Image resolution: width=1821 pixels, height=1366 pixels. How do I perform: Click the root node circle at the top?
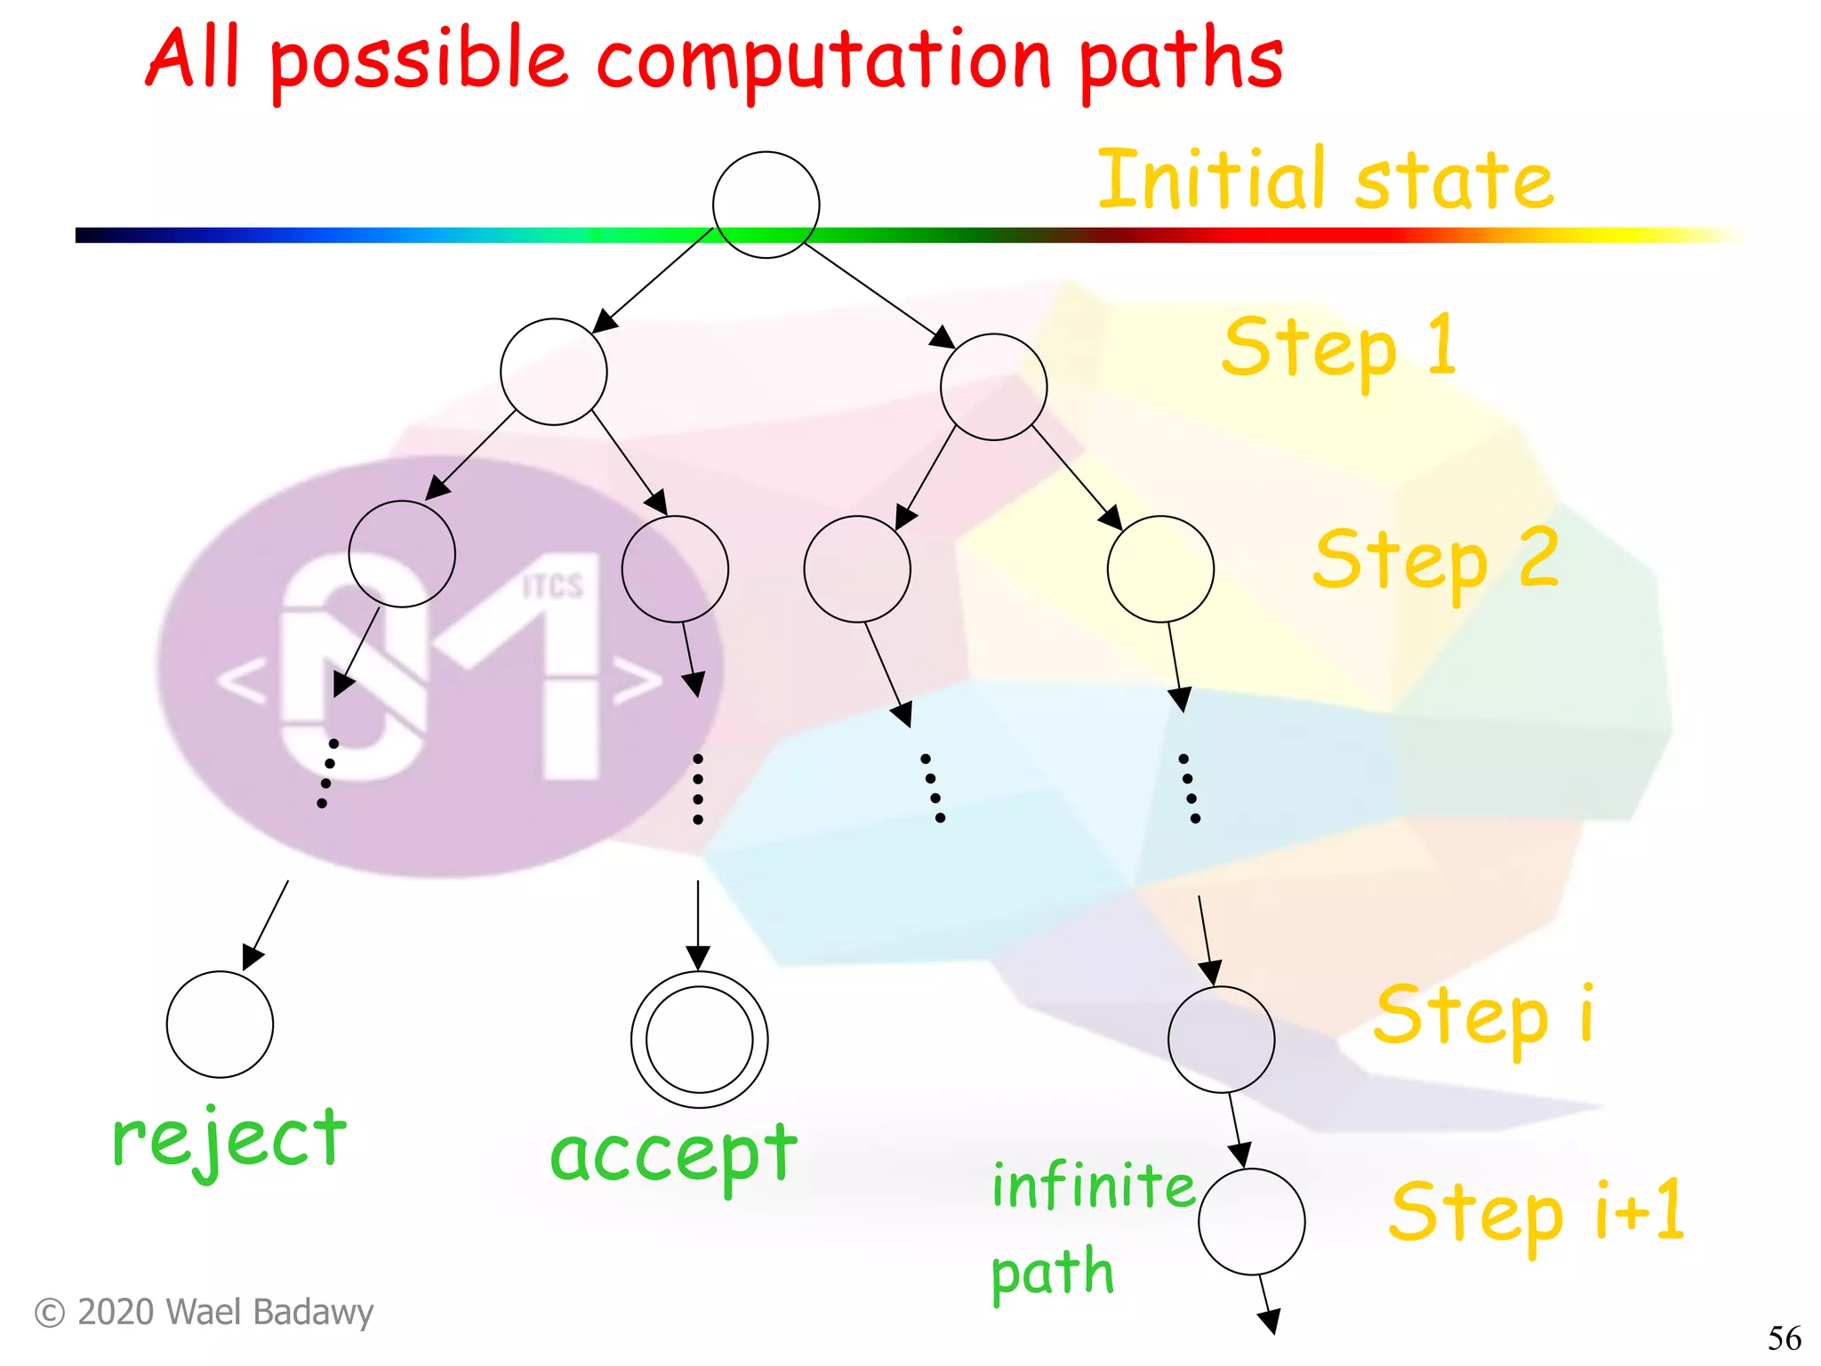click(766, 205)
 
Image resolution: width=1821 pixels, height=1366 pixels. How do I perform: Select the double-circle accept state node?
click(699, 1039)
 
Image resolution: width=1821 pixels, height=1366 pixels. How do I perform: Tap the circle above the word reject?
click(220, 1024)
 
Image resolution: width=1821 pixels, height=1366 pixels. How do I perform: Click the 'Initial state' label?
click(1326, 181)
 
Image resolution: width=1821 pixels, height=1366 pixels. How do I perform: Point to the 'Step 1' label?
click(1340, 348)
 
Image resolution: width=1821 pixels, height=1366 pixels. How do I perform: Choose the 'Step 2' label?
click(1436, 560)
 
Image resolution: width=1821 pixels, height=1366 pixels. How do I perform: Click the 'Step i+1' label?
click(1536, 1211)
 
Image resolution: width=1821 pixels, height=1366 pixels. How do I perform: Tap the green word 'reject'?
click(229, 1140)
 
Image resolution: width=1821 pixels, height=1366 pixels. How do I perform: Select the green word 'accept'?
click(673, 1155)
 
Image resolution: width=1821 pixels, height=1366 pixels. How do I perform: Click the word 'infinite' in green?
click(1094, 1186)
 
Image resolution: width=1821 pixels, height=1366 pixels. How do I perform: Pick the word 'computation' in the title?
click(824, 61)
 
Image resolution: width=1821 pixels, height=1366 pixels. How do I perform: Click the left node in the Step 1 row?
click(553, 371)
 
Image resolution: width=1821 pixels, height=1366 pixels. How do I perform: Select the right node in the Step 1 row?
click(993, 387)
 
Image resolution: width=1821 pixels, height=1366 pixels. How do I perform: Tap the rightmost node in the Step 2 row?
click(1160, 568)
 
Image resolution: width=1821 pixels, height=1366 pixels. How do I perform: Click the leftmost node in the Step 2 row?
click(402, 553)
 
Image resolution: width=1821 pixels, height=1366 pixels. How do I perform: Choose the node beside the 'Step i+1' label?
click(1251, 1221)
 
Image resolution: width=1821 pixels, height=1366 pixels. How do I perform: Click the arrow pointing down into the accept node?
click(698, 925)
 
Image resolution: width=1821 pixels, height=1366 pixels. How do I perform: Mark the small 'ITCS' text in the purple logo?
click(552, 586)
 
